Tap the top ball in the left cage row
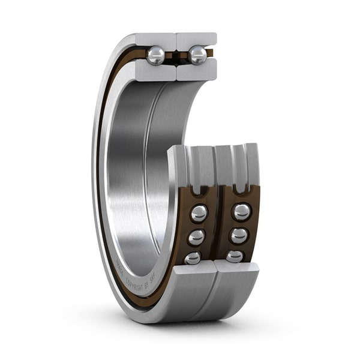click(199, 213)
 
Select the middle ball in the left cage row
click(196, 238)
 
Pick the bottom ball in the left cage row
click(193, 257)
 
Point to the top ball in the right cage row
click(242, 212)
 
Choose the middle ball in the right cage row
click(239, 235)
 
